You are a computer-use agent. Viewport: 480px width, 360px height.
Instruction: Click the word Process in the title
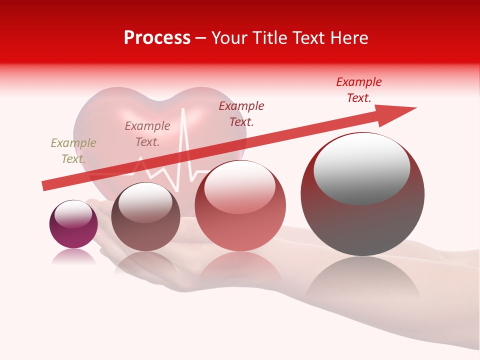point(157,38)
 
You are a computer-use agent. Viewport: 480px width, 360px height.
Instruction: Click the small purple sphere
point(73,224)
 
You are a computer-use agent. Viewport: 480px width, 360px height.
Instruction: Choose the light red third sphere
point(240,206)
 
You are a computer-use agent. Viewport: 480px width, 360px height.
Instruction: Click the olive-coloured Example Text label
point(73,151)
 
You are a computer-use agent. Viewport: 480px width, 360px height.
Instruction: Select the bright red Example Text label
point(358,90)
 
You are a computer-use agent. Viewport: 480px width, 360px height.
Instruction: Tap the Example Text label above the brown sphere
point(147,134)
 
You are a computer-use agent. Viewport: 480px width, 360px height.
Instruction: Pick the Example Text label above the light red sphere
point(241,113)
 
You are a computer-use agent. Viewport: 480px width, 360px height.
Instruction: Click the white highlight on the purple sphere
point(73,214)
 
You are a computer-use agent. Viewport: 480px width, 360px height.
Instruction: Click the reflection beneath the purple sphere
point(73,256)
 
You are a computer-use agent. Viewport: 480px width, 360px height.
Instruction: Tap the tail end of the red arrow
point(46,185)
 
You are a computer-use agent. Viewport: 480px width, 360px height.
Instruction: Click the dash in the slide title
point(201,38)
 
